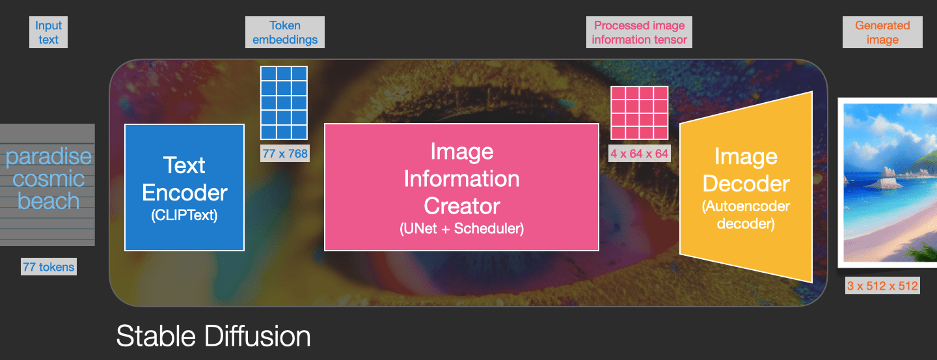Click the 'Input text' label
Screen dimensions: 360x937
tap(48, 33)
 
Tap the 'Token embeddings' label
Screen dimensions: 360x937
tap(285, 33)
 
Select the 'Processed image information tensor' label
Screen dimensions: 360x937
tap(640, 33)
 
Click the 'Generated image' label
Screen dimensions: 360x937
tap(882, 33)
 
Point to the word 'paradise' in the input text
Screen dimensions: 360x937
tap(49, 157)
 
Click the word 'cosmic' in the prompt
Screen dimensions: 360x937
tap(49, 179)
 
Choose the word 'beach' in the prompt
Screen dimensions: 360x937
tap(49, 201)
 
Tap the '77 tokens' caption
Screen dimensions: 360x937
tap(49, 266)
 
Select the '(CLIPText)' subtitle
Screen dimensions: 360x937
tap(184, 215)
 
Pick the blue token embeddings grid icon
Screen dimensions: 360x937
tap(284, 102)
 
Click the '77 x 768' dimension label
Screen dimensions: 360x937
tap(285, 154)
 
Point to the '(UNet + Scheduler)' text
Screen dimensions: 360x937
tap(461, 228)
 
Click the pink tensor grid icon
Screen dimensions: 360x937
tap(639, 113)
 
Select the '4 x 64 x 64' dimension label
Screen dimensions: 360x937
tap(639, 154)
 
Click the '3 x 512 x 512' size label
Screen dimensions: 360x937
tap(882, 285)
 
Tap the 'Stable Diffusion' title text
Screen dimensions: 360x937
tap(213, 337)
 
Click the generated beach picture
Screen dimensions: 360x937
tap(889, 182)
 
